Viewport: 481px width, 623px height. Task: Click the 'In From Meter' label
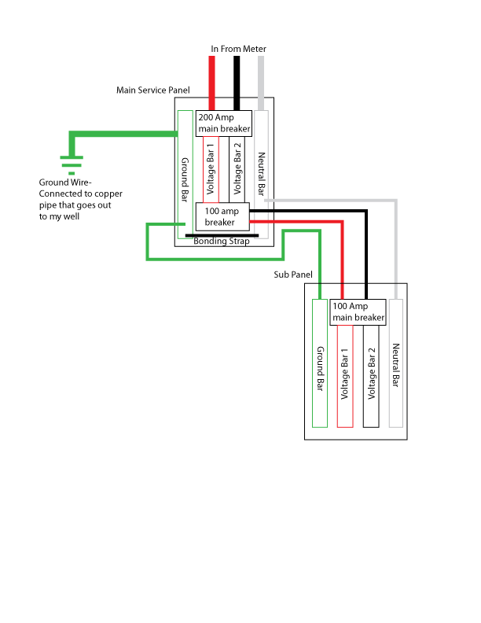238,49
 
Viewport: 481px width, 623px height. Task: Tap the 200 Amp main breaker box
223,123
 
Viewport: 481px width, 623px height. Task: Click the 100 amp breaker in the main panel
222,217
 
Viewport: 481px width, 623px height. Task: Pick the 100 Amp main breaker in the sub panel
358,312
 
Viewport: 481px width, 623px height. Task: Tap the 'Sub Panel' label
293,275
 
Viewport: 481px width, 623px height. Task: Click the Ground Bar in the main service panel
185,173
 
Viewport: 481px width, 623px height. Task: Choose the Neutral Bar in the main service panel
262,165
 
